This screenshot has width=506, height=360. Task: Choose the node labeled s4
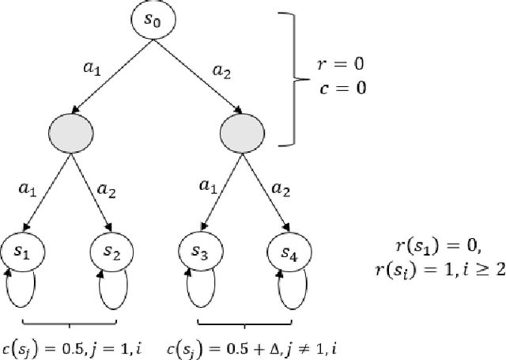tap(289, 251)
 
